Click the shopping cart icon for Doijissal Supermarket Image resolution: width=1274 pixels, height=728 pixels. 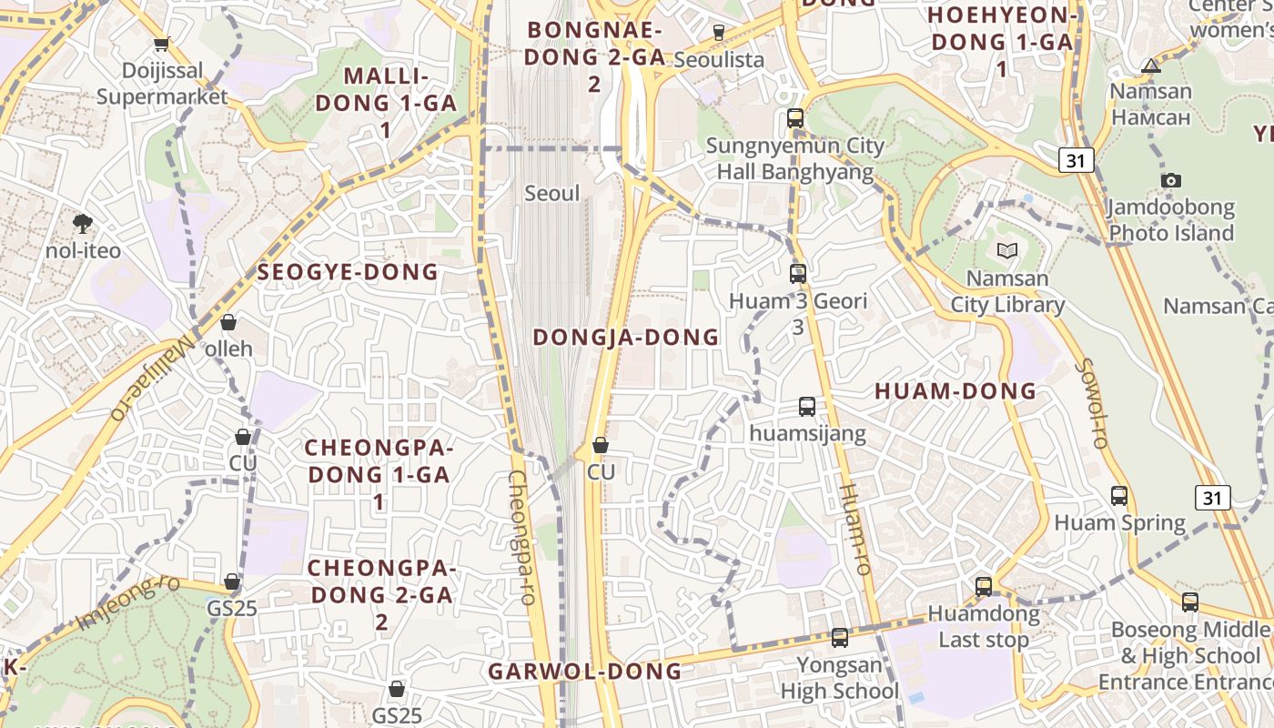click(x=162, y=43)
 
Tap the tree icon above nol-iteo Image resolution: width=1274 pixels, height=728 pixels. click(x=83, y=223)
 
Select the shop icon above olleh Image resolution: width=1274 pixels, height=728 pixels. click(x=228, y=322)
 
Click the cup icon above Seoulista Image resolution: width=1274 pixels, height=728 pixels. click(x=719, y=33)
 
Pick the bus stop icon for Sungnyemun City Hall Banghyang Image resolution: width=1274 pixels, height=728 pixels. click(x=795, y=118)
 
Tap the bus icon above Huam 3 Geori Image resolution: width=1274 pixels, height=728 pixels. click(x=798, y=273)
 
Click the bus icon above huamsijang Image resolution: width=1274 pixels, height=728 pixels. click(x=807, y=407)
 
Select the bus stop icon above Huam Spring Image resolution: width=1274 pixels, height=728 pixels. click(x=1119, y=496)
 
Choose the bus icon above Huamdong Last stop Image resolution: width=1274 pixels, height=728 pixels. click(x=984, y=587)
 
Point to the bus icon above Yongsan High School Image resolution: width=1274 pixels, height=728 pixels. click(x=840, y=638)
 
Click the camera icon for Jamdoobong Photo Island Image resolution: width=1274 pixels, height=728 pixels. click(x=1171, y=180)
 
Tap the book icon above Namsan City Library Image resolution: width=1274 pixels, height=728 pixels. click(x=1006, y=250)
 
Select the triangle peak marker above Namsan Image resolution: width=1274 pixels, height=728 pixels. click(x=1151, y=66)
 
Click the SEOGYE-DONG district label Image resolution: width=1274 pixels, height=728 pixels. click(x=348, y=272)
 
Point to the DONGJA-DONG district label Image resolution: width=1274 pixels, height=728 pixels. click(x=626, y=338)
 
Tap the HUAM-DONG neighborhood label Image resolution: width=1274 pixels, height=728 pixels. click(x=955, y=391)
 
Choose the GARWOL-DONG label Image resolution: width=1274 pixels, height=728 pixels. click(x=585, y=672)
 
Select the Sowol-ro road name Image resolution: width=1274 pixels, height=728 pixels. click(x=1090, y=403)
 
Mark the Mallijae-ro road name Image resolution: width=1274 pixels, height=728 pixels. click(x=152, y=377)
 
